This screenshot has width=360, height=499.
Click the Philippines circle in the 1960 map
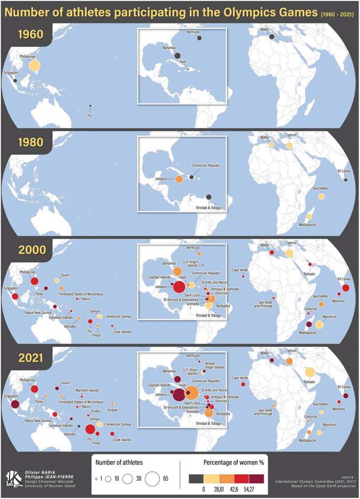point(34,65)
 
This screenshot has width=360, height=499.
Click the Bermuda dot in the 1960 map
point(199,38)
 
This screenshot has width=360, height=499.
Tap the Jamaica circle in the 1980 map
point(179,179)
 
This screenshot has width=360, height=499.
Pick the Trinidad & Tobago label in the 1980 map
point(209,207)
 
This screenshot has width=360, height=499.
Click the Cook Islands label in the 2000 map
point(122,332)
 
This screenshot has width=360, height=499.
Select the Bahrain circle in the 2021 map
point(309,372)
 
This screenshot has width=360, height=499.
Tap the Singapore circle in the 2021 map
point(15,404)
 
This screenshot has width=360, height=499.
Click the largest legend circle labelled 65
point(152,479)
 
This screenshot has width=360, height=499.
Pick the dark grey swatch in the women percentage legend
point(196,478)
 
